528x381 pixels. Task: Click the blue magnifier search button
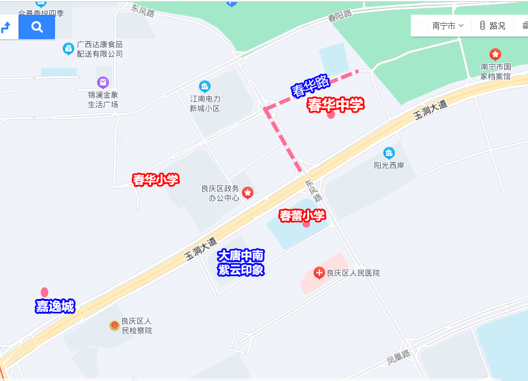tap(36, 27)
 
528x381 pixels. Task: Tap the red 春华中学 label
tap(335, 105)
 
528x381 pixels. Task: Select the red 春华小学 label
tap(156, 180)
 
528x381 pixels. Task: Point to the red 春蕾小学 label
tap(302, 216)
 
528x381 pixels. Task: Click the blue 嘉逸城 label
tap(55, 307)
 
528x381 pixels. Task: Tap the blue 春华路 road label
tap(310, 86)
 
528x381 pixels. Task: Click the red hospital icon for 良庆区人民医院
tap(319, 273)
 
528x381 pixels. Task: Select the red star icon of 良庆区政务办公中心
tap(247, 193)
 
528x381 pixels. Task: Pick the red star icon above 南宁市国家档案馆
tap(495, 54)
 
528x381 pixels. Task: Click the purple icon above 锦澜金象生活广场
tap(103, 82)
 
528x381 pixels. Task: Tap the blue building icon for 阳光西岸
tap(389, 153)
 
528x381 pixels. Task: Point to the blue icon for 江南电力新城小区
tap(205, 86)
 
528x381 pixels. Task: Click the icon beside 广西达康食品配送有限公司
tap(68, 49)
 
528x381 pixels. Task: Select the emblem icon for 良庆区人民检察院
tap(114, 326)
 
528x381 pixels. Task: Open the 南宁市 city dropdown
tap(441, 26)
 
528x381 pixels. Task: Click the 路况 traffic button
tap(492, 26)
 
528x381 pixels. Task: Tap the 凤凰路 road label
tap(397, 359)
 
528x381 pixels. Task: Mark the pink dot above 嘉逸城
tap(44, 292)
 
